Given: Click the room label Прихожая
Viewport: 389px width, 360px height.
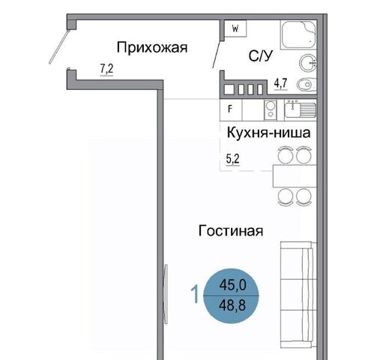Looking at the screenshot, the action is point(152,47).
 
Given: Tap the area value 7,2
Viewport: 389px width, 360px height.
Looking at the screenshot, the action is point(106,69).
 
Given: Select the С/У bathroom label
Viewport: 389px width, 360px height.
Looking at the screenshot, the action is point(260,55).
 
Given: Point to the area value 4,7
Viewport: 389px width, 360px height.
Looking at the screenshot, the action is point(281,83).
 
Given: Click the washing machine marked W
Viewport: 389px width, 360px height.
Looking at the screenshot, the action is point(235,28).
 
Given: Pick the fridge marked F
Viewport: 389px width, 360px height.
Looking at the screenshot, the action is point(231,109).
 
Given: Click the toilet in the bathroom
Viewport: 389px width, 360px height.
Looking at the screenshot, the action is point(307,85).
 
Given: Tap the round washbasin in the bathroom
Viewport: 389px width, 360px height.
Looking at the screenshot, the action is point(308,63).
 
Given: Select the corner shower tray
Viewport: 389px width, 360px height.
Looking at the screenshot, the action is point(298,34).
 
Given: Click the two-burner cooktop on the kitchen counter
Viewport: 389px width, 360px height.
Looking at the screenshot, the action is point(271,110).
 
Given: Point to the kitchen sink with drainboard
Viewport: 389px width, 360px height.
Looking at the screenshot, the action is point(301,109).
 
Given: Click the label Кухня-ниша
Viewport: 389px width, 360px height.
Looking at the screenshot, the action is point(268,133).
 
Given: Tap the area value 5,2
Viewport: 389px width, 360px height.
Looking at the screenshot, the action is point(233,159).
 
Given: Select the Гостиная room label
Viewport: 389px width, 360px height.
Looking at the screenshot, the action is point(231,230).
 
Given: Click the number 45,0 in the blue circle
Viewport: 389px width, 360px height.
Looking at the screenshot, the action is point(232,285).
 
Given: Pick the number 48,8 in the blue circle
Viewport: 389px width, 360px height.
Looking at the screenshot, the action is point(232,305).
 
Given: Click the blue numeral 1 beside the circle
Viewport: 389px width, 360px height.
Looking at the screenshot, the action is point(195,294).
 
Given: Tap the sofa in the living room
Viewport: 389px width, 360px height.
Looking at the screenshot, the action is point(298,295).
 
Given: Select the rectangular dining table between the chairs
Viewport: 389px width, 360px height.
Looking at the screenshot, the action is point(295,176).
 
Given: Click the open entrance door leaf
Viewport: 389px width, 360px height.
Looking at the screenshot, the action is point(58,46).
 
